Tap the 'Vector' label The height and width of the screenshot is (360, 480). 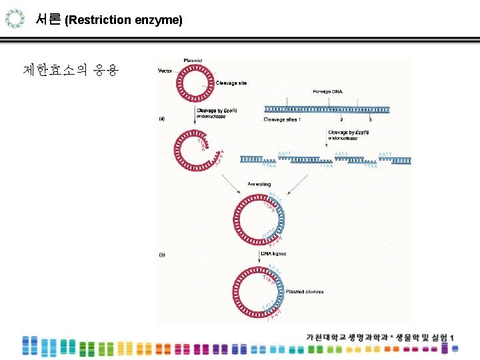165,71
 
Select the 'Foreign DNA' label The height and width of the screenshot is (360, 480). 327,91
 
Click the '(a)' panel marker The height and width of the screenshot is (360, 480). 161,119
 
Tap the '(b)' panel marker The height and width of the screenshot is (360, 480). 161,254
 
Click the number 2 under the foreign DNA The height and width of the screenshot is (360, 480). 341,120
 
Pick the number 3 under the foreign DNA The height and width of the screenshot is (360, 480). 370,120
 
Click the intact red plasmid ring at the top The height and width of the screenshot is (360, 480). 195,85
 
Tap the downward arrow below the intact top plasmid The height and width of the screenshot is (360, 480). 195,115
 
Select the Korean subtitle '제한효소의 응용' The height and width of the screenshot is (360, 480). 70,69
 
